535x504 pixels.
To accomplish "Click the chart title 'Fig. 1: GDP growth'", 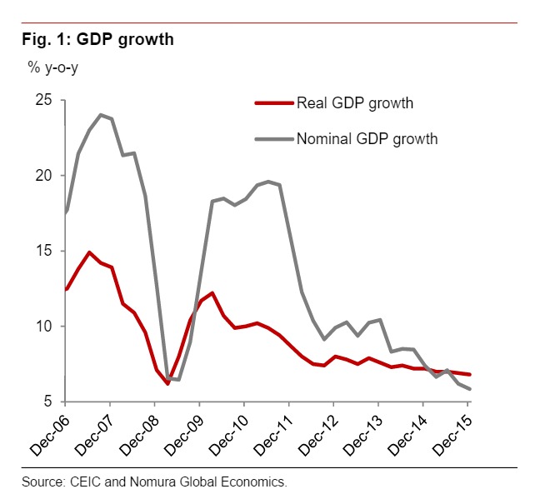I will [x=97, y=39].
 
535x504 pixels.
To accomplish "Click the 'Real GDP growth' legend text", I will [x=355, y=103].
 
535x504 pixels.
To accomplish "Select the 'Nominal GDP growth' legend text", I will [x=367, y=139].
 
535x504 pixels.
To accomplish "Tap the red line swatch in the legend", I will [x=274, y=103].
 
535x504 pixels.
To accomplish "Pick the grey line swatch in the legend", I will [x=274, y=139].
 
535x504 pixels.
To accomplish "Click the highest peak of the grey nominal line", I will [x=100, y=115].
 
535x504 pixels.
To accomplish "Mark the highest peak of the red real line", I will [x=89, y=252].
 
